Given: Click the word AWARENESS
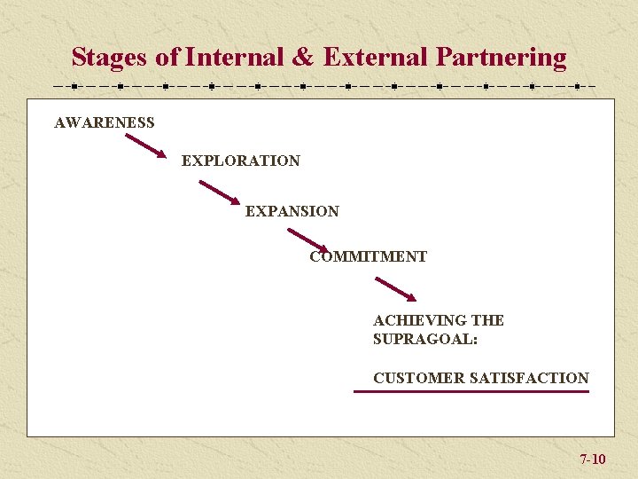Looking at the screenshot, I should pos(104,123).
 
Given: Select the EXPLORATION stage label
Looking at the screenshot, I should pos(240,161).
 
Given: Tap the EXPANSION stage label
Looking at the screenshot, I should pos(292,211).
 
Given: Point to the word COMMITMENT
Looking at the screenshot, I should pos(368,257).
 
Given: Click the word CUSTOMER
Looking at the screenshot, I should pos(418,378).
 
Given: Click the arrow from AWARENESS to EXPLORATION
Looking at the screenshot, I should pos(144,145).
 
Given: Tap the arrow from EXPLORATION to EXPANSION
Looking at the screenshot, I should pos(219,193).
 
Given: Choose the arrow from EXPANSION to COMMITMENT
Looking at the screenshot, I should pos(307,240).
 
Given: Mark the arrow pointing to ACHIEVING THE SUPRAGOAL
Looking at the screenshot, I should pos(395,289).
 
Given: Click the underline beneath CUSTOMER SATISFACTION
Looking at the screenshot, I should pos(471,391).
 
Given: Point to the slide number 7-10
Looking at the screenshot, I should pos(592,459).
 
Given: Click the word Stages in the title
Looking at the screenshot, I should pos(110,58).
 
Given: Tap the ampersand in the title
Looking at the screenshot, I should pos(302,58).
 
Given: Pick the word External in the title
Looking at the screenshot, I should pos(376,58).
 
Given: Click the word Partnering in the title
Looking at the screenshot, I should pos(501,58).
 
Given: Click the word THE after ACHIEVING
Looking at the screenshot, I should pos(487,320).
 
